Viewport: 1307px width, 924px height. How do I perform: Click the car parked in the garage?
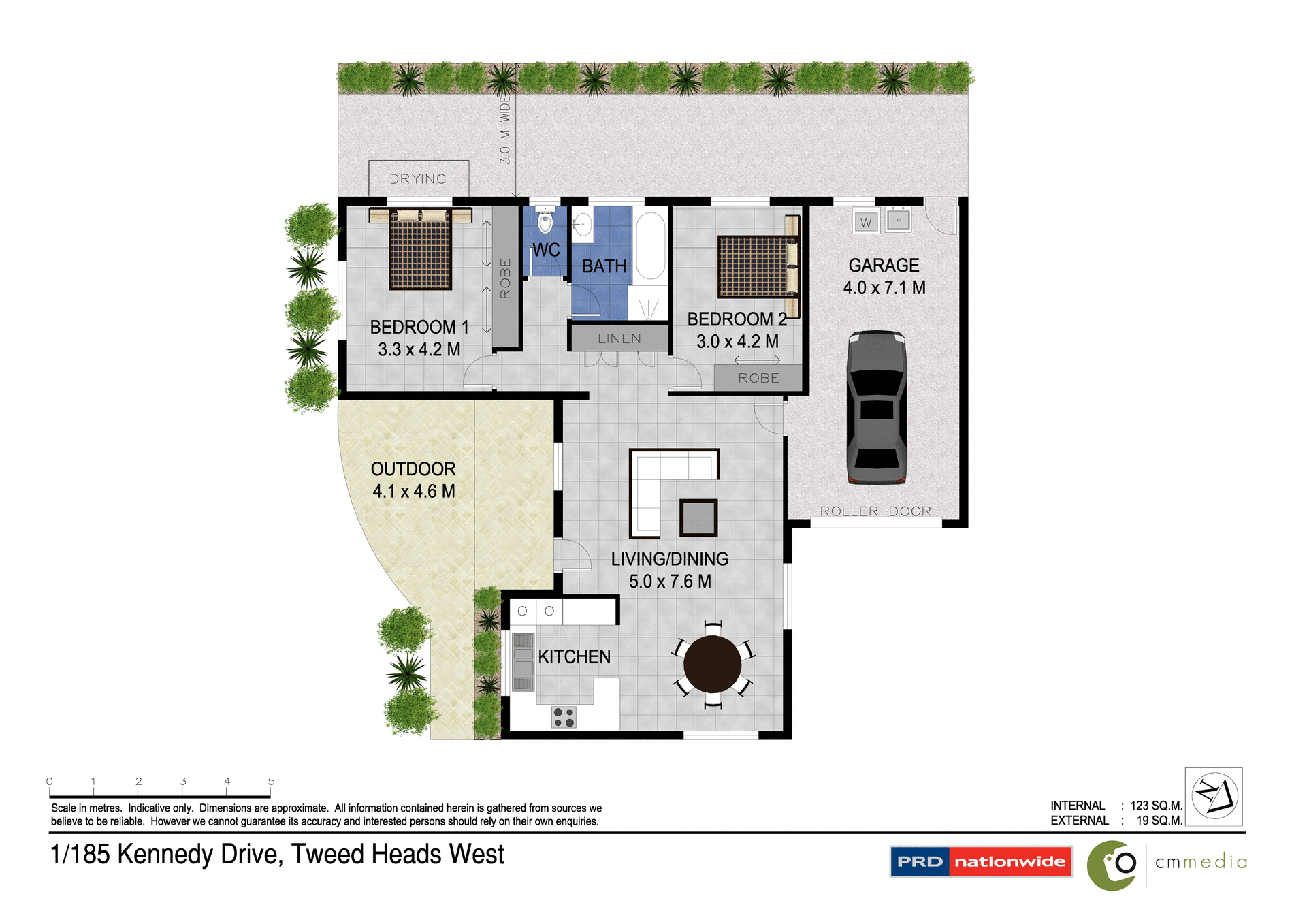coord(876,407)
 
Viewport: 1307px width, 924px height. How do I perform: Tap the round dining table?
coord(712,664)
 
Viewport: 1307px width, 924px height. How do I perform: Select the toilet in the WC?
coord(545,221)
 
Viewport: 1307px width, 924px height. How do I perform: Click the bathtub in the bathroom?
coord(651,246)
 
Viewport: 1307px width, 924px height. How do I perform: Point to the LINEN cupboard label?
coord(619,338)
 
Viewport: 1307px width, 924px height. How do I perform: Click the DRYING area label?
coord(418,179)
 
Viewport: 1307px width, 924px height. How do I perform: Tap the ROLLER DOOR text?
coord(875,511)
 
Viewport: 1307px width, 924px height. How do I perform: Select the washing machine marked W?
coord(866,222)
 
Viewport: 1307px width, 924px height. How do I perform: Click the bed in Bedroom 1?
coord(420,250)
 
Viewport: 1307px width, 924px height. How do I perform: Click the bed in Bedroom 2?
coord(756,266)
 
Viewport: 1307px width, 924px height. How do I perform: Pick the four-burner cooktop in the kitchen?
coord(564,717)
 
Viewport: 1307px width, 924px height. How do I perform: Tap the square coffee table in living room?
coord(698,518)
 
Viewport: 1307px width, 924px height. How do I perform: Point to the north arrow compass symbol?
coord(1214,796)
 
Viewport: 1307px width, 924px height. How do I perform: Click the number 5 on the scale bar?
coord(271,781)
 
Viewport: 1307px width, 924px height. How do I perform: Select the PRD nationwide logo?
coord(980,861)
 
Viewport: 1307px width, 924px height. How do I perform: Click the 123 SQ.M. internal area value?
coord(1156,806)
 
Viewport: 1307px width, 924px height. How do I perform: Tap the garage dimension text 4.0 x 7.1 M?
coord(884,287)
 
